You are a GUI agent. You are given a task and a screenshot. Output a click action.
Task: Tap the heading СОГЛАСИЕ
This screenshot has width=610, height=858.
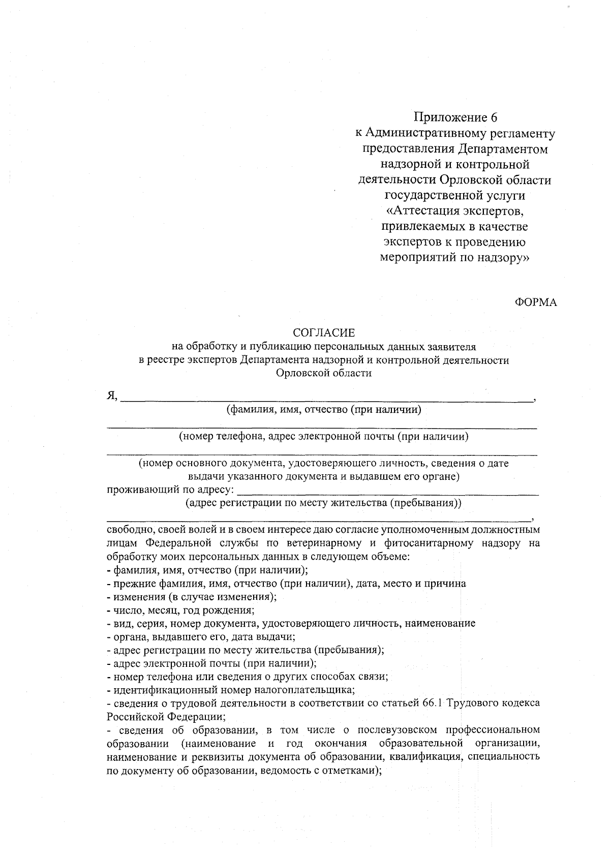click(324, 333)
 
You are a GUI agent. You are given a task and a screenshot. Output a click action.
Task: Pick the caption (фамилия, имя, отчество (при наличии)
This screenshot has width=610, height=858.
click(324, 410)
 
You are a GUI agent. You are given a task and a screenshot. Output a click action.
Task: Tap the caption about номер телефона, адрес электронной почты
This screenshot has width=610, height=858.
click(323, 437)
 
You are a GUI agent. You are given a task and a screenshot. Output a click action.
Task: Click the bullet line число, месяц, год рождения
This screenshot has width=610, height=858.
click(180, 610)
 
